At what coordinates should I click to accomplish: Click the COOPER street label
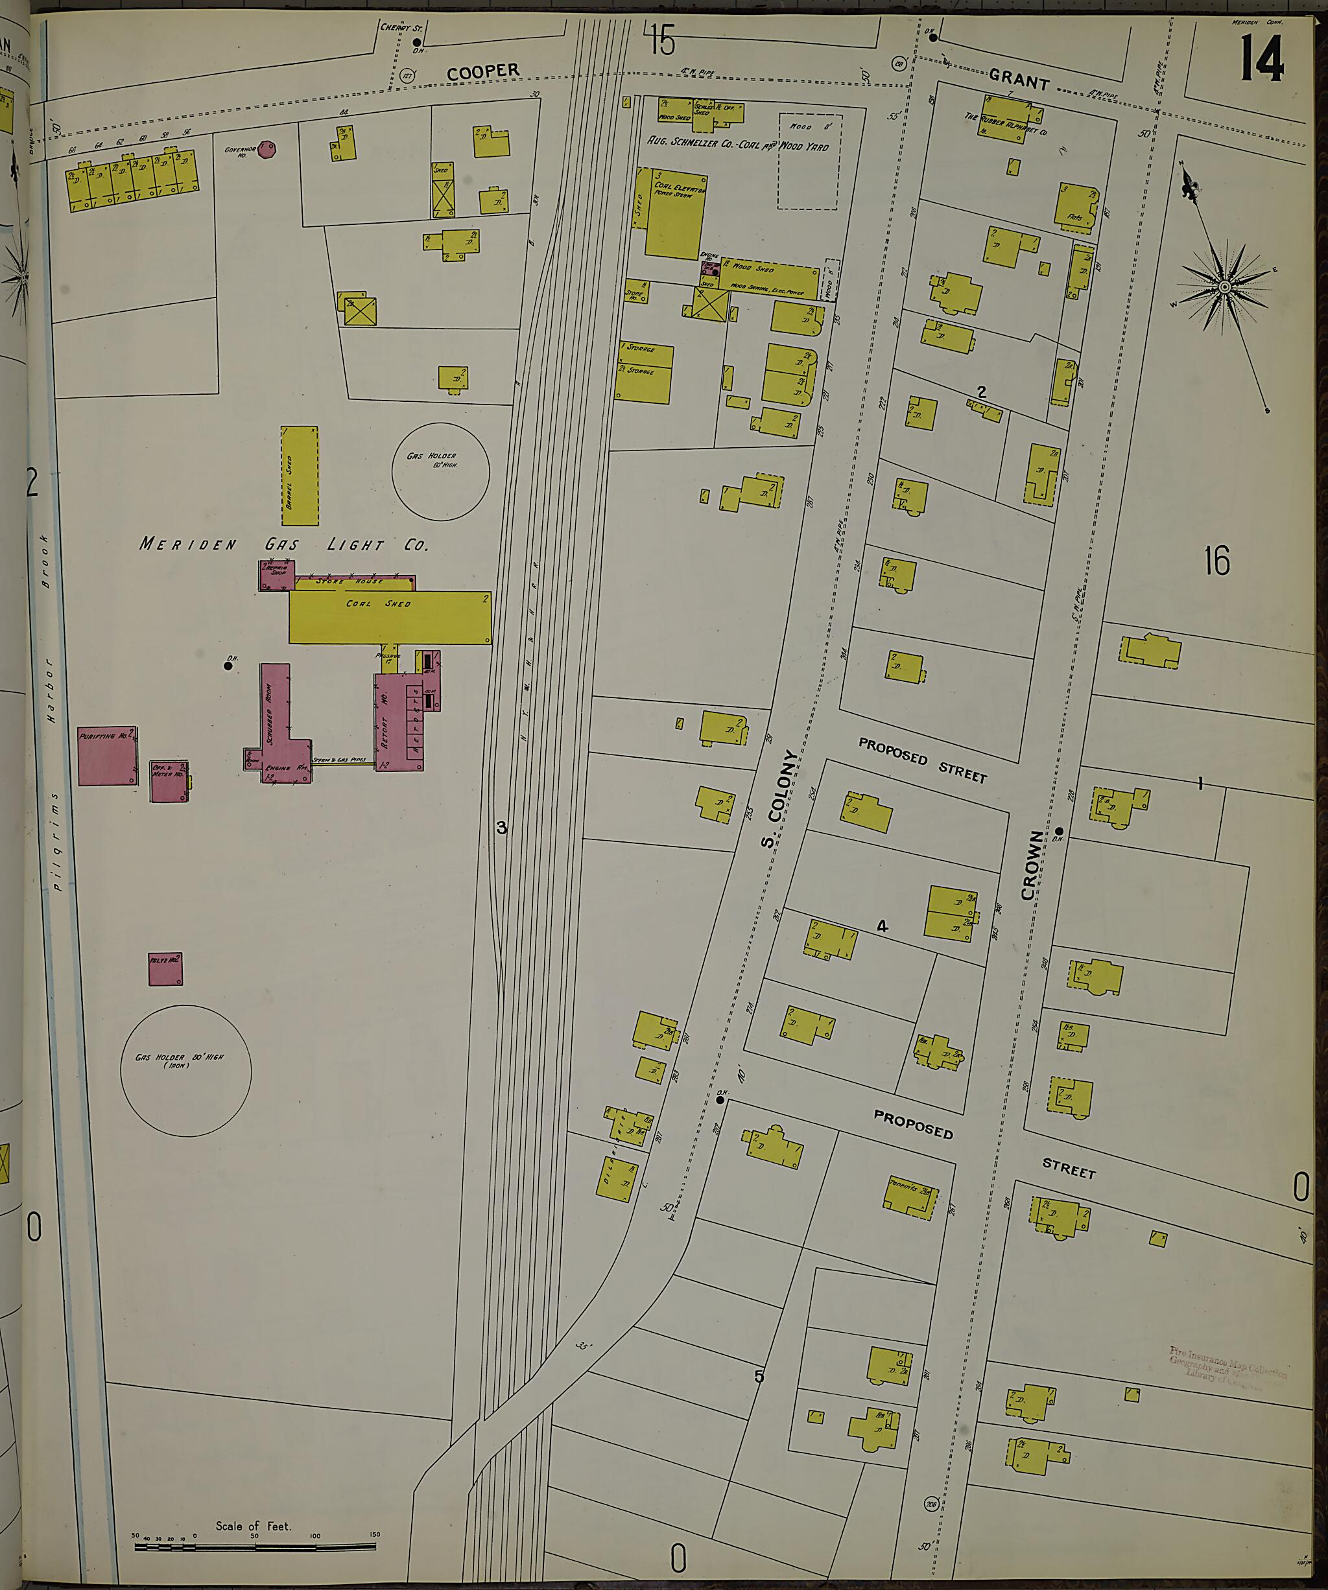pyautogui.click(x=482, y=72)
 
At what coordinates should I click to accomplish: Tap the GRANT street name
pyautogui.click(x=1019, y=78)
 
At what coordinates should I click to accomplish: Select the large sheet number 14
pyautogui.click(x=1261, y=59)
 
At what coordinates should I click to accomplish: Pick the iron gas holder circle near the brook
pyautogui.click(x=185, y=1070)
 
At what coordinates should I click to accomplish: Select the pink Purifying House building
pyautogui.click(x=108, y=755)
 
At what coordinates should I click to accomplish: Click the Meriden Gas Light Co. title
pyautogui.click(x=284, y=544)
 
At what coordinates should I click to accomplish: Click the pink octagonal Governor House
pyautogui.click(x=265, y=149)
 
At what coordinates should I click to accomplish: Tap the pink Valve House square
pyautogui.click(x=165, y=969)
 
